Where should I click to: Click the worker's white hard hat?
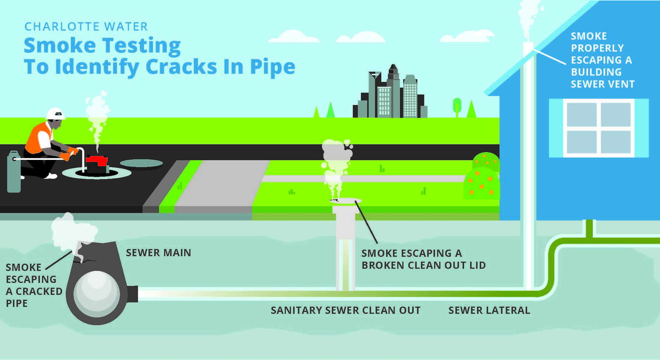(x=55, y=114)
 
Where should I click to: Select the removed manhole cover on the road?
(x=141, y=163)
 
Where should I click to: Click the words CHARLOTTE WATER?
(x=86, y=26)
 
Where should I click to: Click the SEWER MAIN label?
(x=158, y=253)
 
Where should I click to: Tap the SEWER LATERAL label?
(x=489, y=310)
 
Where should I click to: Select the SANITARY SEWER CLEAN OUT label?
(x=345, y=310)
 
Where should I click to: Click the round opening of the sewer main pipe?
(x=96, y=294)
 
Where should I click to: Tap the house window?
(x=598, y=128)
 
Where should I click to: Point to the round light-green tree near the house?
(x=457, y=105)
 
